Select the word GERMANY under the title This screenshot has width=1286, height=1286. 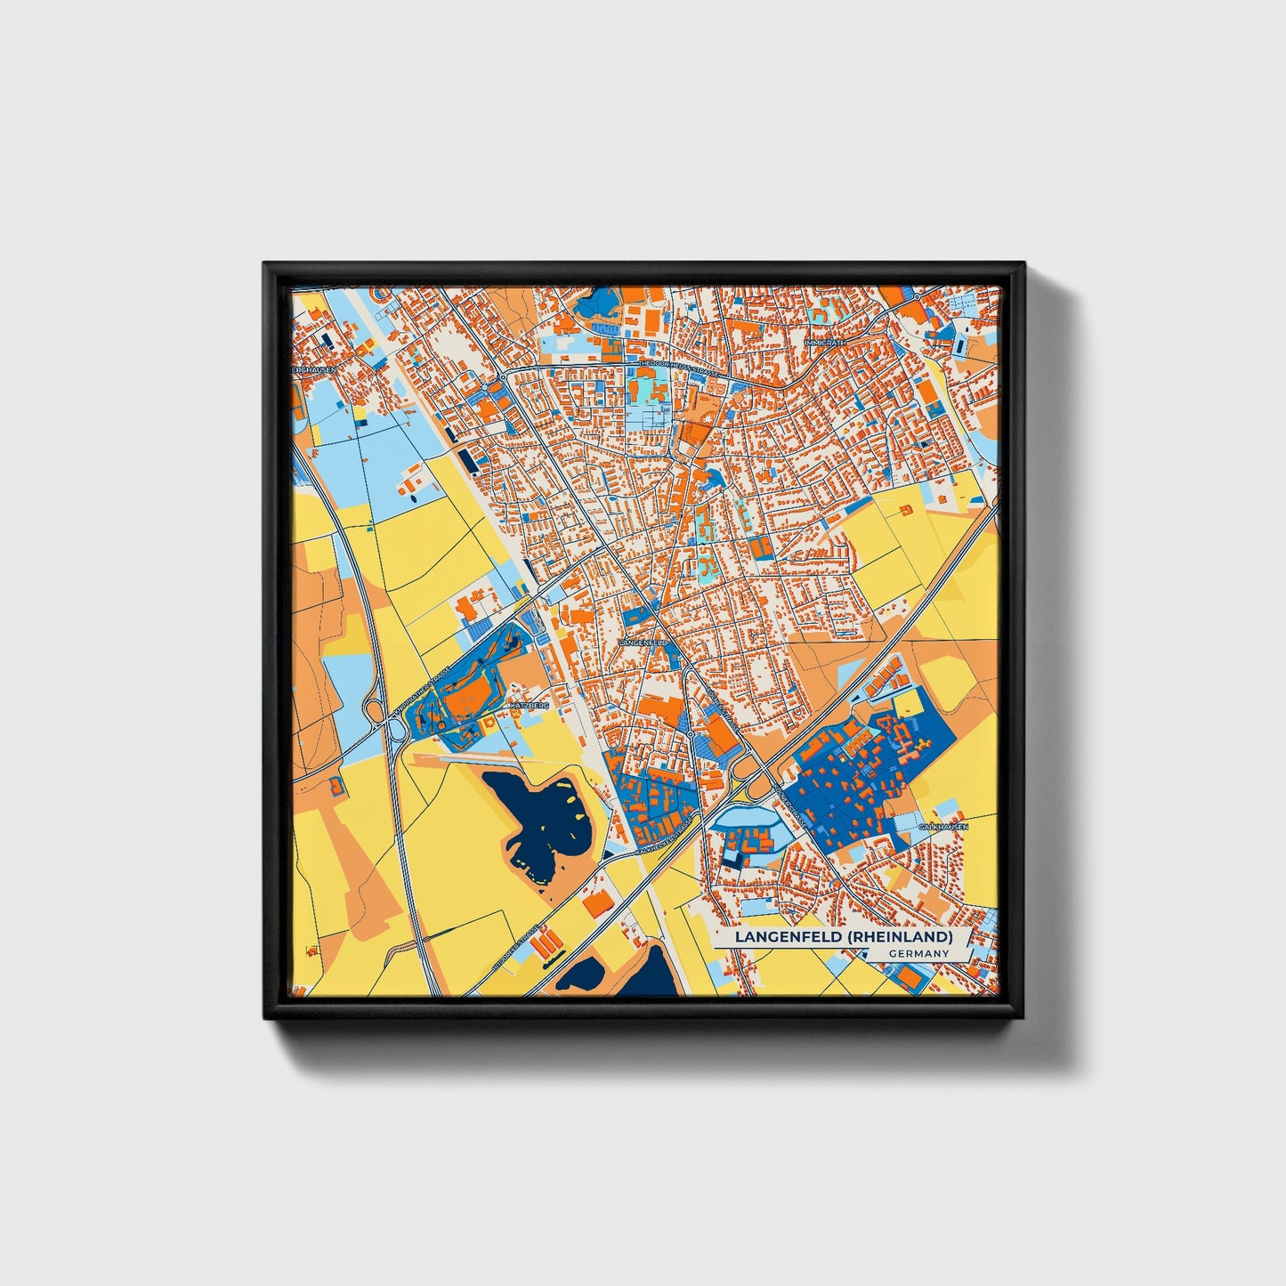(918, 953)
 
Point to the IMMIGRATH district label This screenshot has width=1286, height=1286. (824, 342)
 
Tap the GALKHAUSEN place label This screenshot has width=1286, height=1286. (943, 827)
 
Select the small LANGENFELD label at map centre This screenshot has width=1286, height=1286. (642, 642)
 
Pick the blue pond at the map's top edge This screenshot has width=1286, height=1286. (597, 302)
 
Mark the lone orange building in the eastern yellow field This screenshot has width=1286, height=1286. (908, 510)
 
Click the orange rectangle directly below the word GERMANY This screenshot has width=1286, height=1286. (908, 977)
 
